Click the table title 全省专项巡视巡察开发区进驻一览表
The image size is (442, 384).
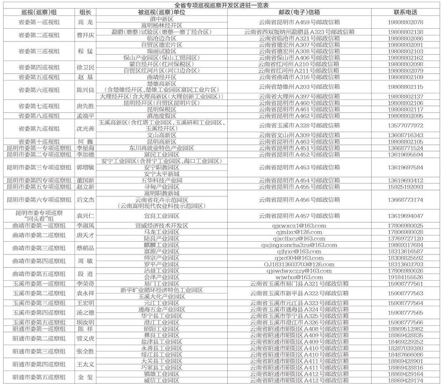point(221,5)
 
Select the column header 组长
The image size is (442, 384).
point(85,12)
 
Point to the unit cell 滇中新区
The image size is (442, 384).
point(162,19)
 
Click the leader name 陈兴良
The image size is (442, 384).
point(85,90)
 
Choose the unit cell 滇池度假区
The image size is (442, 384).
point(162,116)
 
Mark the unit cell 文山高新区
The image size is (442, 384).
point(162,135)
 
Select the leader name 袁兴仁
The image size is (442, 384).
point(85,216)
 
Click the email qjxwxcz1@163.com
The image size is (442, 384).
point(300,226)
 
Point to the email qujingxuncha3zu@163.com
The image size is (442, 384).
point(300,245)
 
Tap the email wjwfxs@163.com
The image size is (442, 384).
point(300,277)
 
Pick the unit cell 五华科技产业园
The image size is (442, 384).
point(162,180)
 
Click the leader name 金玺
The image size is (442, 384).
point(85,377)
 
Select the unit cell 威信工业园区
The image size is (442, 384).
point(162,380)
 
